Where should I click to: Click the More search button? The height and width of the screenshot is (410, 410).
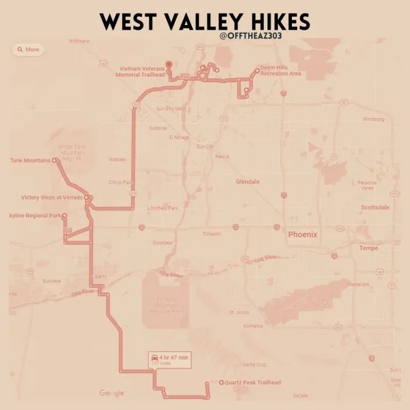(28, 49)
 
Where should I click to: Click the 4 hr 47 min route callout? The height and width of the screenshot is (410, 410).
(169, 359)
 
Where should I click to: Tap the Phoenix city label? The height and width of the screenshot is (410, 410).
(303, 234)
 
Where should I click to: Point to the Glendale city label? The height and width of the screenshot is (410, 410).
(247, 181)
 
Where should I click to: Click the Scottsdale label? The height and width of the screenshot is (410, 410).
(375, 207)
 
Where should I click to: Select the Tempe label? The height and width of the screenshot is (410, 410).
(369, 248)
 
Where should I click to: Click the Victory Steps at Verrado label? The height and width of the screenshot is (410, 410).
(52, 197)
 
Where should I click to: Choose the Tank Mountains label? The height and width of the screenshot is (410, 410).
(30, 161)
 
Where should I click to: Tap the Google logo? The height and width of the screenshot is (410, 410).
(112, 393)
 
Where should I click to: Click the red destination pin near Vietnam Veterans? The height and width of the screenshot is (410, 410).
(169, 65)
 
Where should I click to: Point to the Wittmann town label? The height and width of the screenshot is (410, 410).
(80, 41)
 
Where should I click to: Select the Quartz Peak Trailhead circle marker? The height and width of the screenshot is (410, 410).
(222, 382)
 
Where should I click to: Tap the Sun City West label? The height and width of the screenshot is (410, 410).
(171, 108)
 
